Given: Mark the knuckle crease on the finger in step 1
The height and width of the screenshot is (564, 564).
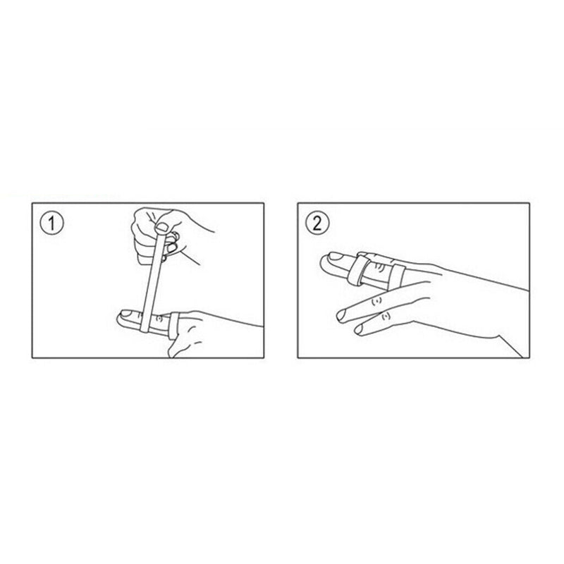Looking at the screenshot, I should coord(160,319).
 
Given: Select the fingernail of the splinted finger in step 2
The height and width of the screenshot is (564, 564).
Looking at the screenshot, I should coord(331,262).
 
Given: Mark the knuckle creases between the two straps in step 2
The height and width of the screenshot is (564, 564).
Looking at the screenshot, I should coord(379,269).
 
